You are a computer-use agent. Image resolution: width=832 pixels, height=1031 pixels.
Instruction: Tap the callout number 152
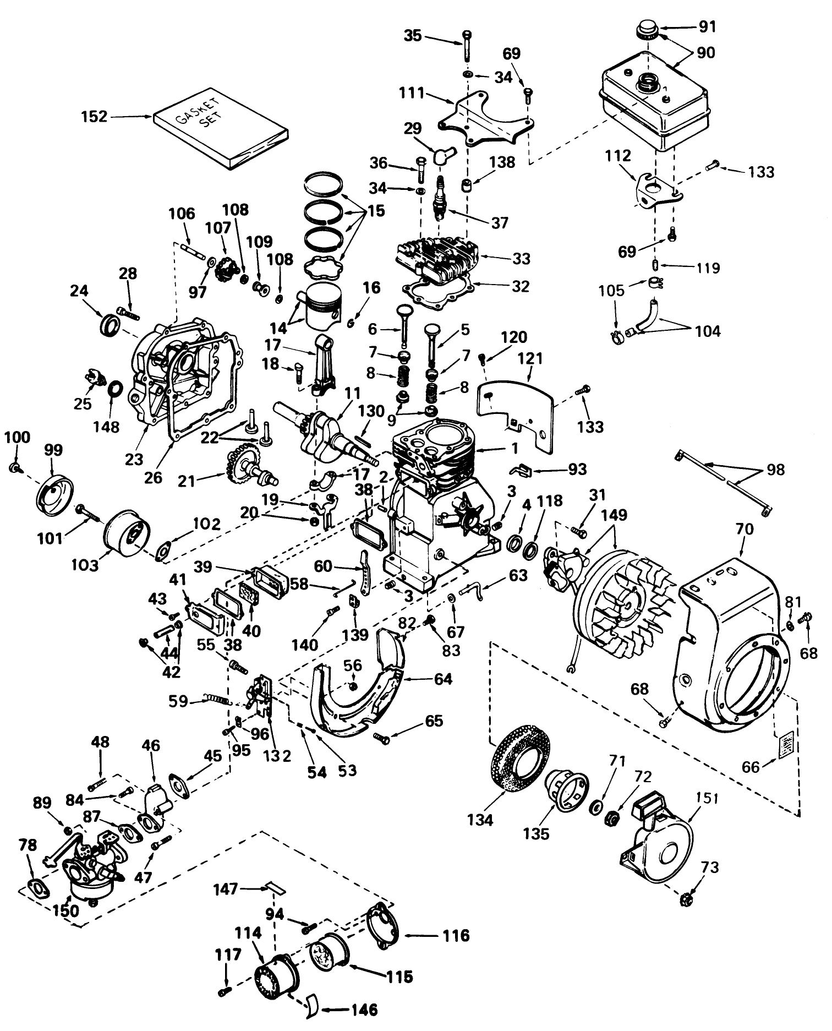95,117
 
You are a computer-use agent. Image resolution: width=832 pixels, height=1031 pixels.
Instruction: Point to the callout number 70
742,530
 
